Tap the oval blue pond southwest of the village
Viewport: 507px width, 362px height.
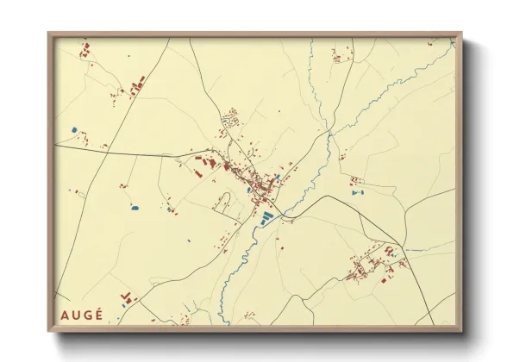[x=133, y=209]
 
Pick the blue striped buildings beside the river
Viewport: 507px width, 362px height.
[x=268, y=215]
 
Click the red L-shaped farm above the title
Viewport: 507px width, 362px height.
[x=129, y=297]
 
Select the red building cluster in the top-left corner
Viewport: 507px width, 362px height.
[x=85, y=51]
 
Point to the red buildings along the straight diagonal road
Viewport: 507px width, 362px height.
[x=135, y=86]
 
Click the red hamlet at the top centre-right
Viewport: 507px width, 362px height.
[x=337, y=56]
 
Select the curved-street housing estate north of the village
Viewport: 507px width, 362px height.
[x=231, y=120]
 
